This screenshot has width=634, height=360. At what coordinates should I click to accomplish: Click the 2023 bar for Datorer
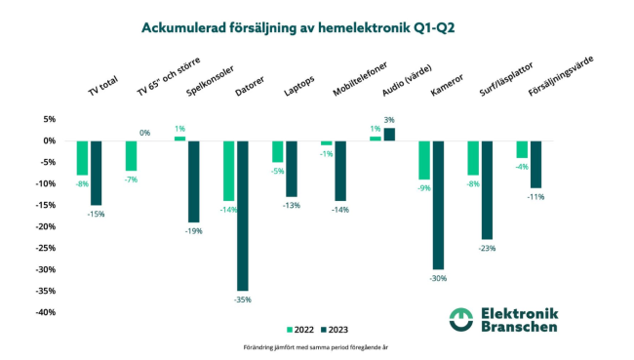[243, 216]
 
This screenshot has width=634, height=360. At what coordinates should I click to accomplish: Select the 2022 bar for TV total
[82, 158]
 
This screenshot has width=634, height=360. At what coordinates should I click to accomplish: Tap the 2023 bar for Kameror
[438, 205]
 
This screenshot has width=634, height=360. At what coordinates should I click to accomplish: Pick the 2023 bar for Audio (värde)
[389, 135]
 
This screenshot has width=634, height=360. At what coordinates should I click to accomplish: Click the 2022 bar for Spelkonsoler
[179, 139]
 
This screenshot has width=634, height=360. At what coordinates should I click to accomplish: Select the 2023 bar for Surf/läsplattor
[487, 190]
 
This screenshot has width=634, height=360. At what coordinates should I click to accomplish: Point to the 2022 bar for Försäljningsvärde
[522, 149]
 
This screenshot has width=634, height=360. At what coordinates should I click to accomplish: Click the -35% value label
[243, 300]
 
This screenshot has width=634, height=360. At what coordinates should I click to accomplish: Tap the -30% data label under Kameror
[438, 278]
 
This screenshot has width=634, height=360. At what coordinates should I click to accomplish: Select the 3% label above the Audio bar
[389, 120]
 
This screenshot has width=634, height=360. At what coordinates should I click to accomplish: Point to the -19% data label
[194, 231]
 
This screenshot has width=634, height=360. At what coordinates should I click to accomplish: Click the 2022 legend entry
[300, 330]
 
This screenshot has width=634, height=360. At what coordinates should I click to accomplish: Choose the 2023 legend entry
[335, 330]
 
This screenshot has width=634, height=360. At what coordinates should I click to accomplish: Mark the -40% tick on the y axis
[45, 312]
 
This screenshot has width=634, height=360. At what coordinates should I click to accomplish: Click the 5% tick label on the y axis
[50, 119]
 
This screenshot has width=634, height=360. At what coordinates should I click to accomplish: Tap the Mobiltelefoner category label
[360, 79]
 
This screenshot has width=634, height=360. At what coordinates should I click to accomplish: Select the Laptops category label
[298, 86]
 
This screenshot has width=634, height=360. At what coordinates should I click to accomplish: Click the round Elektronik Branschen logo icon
[461, 320]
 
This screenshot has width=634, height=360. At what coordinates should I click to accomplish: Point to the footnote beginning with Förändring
[316, 347]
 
